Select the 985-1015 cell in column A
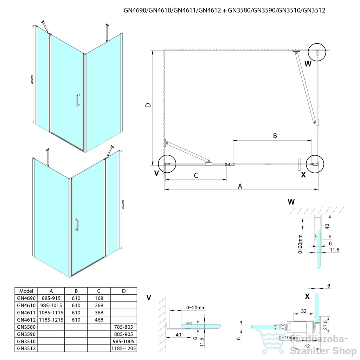(51, 305)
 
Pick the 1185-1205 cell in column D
(123, 348)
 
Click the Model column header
(26, 291)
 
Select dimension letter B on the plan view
(275, 135)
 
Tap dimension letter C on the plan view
(196, 175)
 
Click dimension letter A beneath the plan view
(240, 186)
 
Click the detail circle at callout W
(317, 53)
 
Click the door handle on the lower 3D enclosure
(76, 225)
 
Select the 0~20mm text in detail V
(196, 308)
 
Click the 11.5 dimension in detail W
(334, 250)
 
